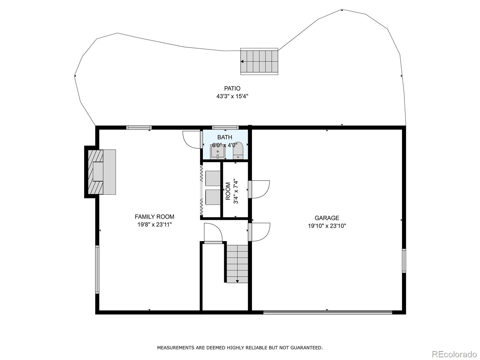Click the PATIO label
[x=232, y=88]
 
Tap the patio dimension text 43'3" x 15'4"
[x=232, y=96]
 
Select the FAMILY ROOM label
[x=154, y=217]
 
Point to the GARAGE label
[x=327, y=218]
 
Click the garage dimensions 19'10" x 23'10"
[x=327, y=226]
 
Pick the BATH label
[x=225, y=137]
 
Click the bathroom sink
[x=217, y=152]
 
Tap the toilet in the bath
[x=238, y=151]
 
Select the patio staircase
[x=259, y=61]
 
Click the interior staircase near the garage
[x=237, y=264]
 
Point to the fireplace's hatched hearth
[x=96, y=172]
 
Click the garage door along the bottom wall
[x=328, y=313]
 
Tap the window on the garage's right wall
[x=404, y=261]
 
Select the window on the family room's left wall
[x=97, y=269]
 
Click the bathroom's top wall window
[x=225, y=128]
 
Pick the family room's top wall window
[x=139, y=128]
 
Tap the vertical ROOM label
[x=228, y=191]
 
